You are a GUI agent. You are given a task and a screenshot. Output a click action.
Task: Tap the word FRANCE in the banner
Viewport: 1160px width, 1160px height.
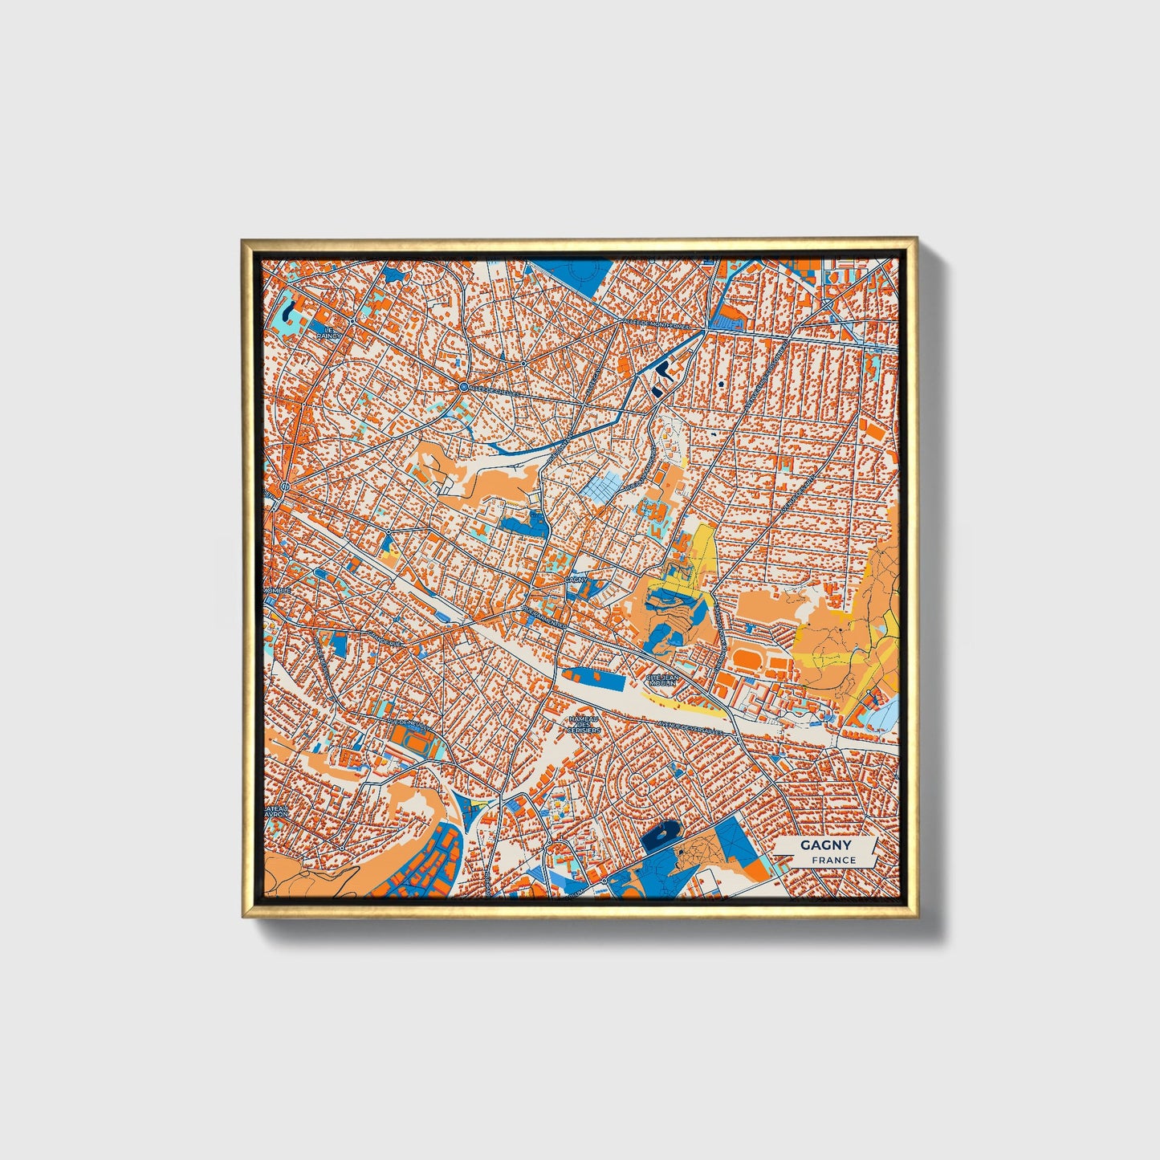(x=833, y=861)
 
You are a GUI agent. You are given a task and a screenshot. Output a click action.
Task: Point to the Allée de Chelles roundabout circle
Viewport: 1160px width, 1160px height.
(x=464, y=389)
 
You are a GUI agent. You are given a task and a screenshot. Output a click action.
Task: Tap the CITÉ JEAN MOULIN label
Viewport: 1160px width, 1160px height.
(x=663, y=679)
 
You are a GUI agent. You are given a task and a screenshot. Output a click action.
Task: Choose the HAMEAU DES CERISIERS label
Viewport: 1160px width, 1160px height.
(x=584, y=725)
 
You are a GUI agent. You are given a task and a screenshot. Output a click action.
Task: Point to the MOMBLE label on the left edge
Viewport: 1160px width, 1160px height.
(x=277, y=590)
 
